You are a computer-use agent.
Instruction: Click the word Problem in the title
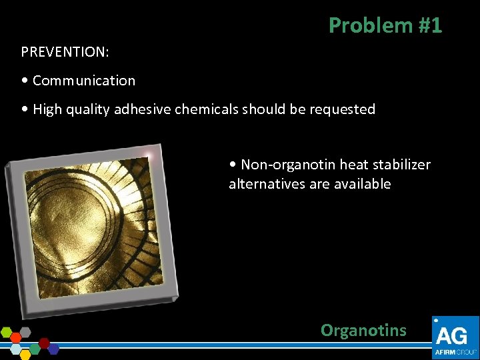point(361,25)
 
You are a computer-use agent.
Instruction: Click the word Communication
point(83,81)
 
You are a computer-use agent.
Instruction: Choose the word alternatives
point(267,184)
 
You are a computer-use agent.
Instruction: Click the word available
point(361,184)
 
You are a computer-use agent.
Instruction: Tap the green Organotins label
point(363,330)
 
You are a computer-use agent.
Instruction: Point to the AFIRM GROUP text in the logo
point(455,351)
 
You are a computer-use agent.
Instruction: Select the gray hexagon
point(25,332)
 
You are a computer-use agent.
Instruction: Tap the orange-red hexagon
point(16,338)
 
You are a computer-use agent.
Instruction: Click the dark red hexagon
point(45,343)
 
